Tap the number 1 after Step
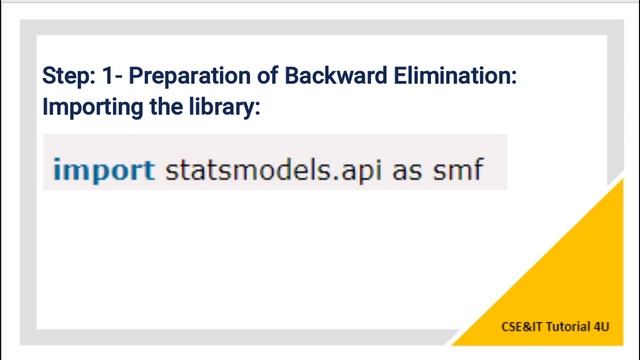[104, 76]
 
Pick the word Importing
[92, 106]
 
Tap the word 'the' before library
[168, 106]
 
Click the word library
[224, 106]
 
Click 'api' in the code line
[355, 170]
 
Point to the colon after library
[257, 108]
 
